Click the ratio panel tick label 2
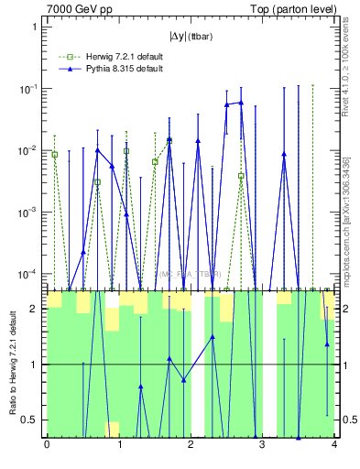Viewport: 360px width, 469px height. point(37,309)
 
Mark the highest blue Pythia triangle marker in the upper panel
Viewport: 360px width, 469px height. point(241,103)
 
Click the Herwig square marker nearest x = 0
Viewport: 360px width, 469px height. point(54,155)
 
